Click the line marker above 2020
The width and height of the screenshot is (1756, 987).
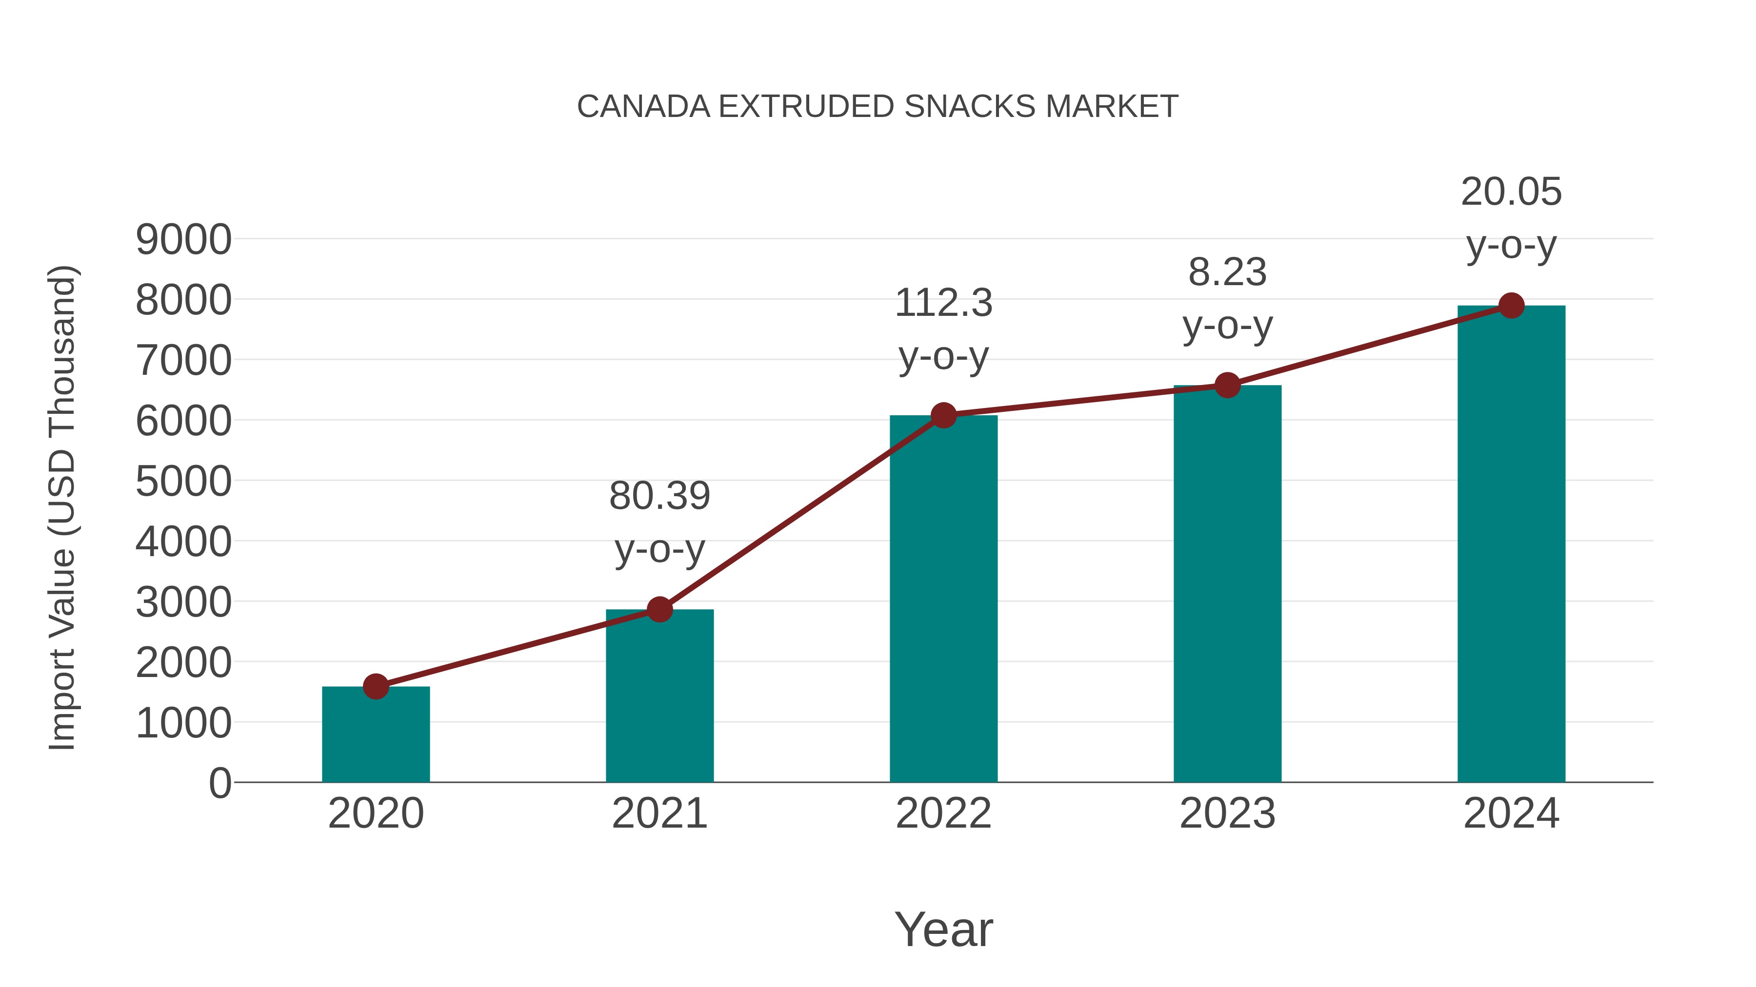tap(376, 687)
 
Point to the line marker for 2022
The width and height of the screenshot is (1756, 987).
tap(943, 415)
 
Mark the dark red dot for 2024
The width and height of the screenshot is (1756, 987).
tap(1511, 306)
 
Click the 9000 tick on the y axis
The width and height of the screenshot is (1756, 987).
tap(183, 240)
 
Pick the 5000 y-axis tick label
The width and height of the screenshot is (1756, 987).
tap(183, 482)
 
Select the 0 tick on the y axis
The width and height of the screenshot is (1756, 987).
tap(219, 783)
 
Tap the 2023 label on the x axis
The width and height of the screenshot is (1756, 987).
tap(1227, 813)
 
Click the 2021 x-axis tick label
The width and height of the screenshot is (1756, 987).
tap(659, 813)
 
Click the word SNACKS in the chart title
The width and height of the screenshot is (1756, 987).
tap(970, 107)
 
